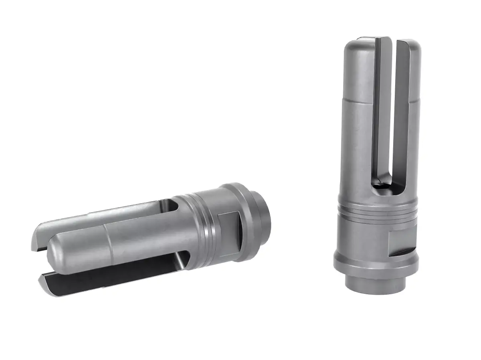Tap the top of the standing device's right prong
tap(409, 46)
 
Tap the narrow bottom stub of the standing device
tap(375, 287)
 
